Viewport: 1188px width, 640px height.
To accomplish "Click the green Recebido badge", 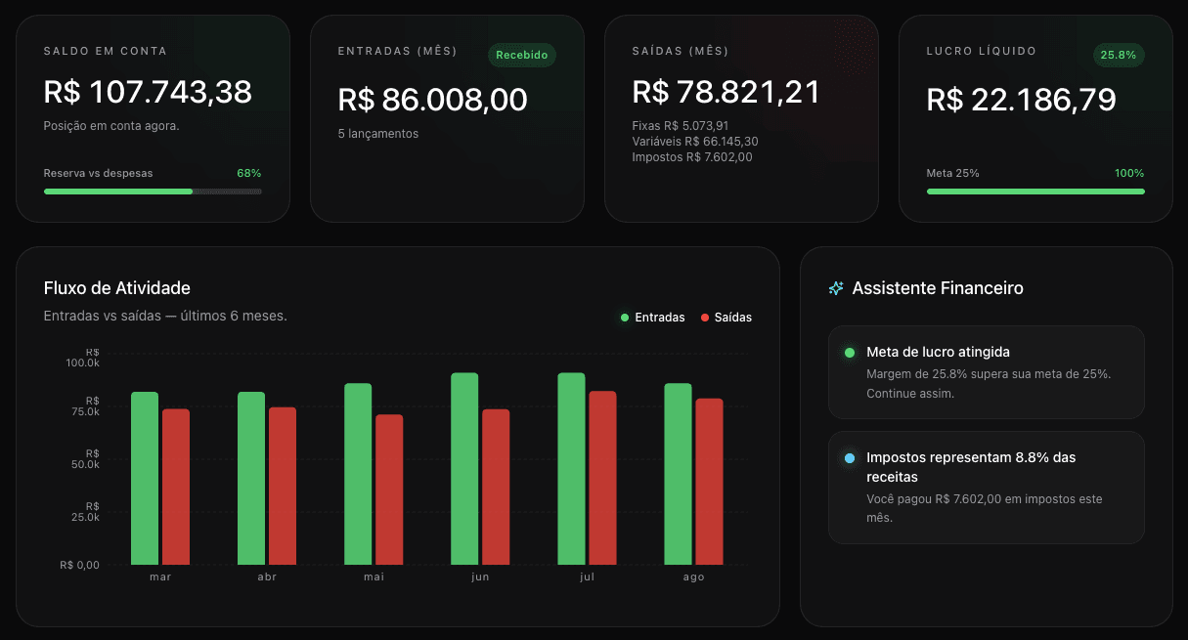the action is point(522,55).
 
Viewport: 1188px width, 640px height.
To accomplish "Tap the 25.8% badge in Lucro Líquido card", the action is point(1118,55).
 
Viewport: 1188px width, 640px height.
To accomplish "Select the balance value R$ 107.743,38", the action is point(148,92).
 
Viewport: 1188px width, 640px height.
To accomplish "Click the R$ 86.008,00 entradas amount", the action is point(433,100).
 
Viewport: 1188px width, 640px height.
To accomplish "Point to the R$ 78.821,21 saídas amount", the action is point(726,92).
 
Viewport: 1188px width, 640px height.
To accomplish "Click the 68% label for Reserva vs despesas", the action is point(248,173).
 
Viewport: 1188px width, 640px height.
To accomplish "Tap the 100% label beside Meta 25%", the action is point(1129,173).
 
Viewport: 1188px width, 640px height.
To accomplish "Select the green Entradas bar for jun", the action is point(464,469).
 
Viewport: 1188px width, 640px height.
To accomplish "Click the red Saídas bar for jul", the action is point(602,478).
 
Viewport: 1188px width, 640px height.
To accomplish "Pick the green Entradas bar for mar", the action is point(145,479).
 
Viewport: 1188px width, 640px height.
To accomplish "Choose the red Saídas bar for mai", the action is point(389,490).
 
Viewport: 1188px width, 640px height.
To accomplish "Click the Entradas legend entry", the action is point(653,318).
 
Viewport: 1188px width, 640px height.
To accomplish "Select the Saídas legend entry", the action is point(726,318).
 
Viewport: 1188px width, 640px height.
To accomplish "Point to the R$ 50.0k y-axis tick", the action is point(85,459).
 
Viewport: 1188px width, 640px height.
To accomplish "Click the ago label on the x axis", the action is point(693,576).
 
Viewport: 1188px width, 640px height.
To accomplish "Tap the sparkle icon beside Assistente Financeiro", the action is point(836,288).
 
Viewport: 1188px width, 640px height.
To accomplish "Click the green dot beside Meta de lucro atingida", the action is point(850,353).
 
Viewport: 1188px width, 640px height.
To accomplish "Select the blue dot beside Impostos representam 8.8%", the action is point(850,458).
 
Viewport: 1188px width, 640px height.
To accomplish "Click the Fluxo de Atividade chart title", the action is point(116,288).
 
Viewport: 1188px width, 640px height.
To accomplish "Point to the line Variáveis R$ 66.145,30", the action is point(695,142).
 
